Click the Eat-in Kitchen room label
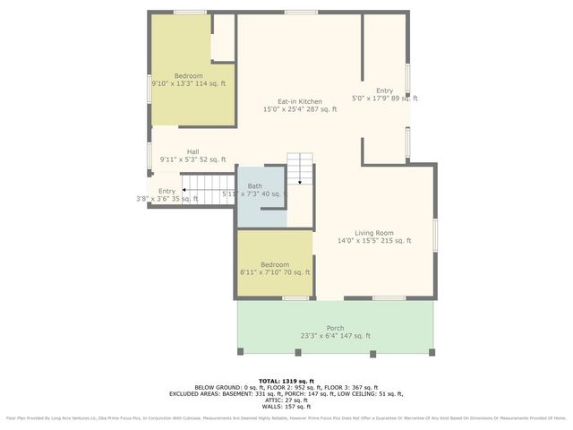299,101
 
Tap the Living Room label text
373,232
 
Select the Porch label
335,328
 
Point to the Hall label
192,151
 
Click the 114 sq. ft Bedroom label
188,75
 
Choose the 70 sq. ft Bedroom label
275,264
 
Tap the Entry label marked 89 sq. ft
384,90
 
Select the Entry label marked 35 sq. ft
167,191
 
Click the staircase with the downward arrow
302,168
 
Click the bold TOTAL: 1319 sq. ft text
286,381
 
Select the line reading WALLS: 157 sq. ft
286,406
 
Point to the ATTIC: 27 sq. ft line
286,400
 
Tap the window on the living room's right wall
436,233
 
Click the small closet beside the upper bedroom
223,39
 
